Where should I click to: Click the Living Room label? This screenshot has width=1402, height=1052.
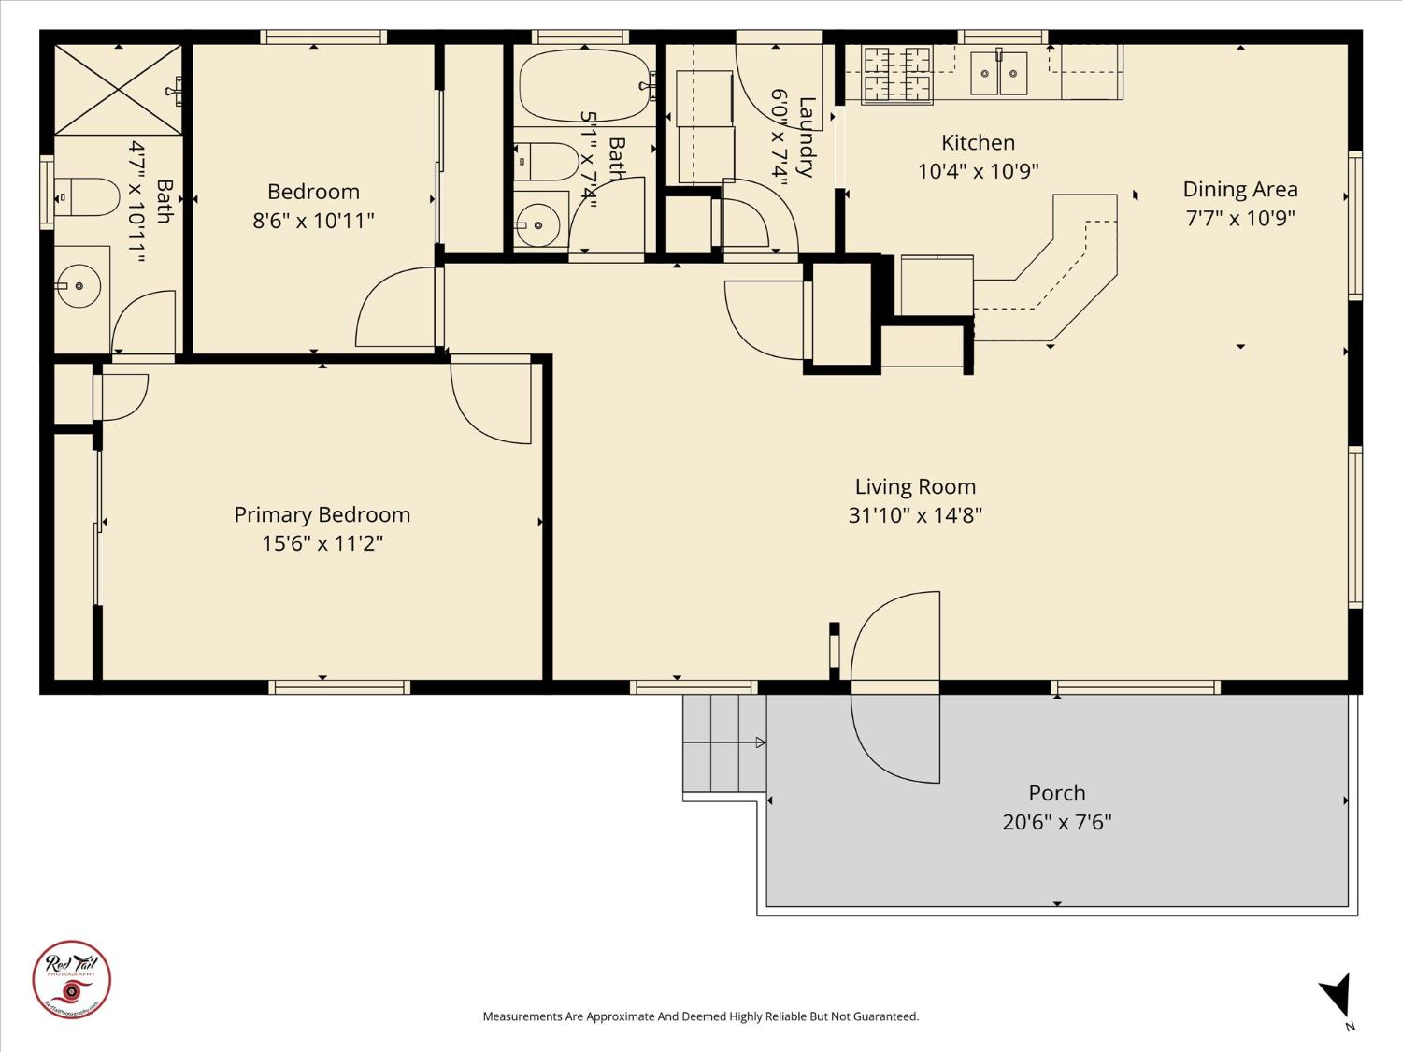coord(915,486)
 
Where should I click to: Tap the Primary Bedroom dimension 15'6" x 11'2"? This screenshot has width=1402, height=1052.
coord(322,543)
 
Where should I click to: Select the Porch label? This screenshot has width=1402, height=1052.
coord(1057,793)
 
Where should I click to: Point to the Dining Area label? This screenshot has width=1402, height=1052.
coord(1240,190)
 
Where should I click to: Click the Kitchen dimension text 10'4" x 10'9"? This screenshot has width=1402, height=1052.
coord(979,171)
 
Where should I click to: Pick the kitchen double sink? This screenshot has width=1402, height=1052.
coord(998,74)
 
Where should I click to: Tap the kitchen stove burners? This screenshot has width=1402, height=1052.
coord(897,73)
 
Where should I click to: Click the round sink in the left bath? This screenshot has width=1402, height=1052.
coord(79,285)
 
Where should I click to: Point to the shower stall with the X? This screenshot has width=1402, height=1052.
coord(117,90)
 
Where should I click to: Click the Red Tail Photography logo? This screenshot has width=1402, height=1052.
coord(72,979)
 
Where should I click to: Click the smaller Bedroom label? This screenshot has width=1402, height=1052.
coord(313,192)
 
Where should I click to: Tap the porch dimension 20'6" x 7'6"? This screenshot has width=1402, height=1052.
coord(1057,822)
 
